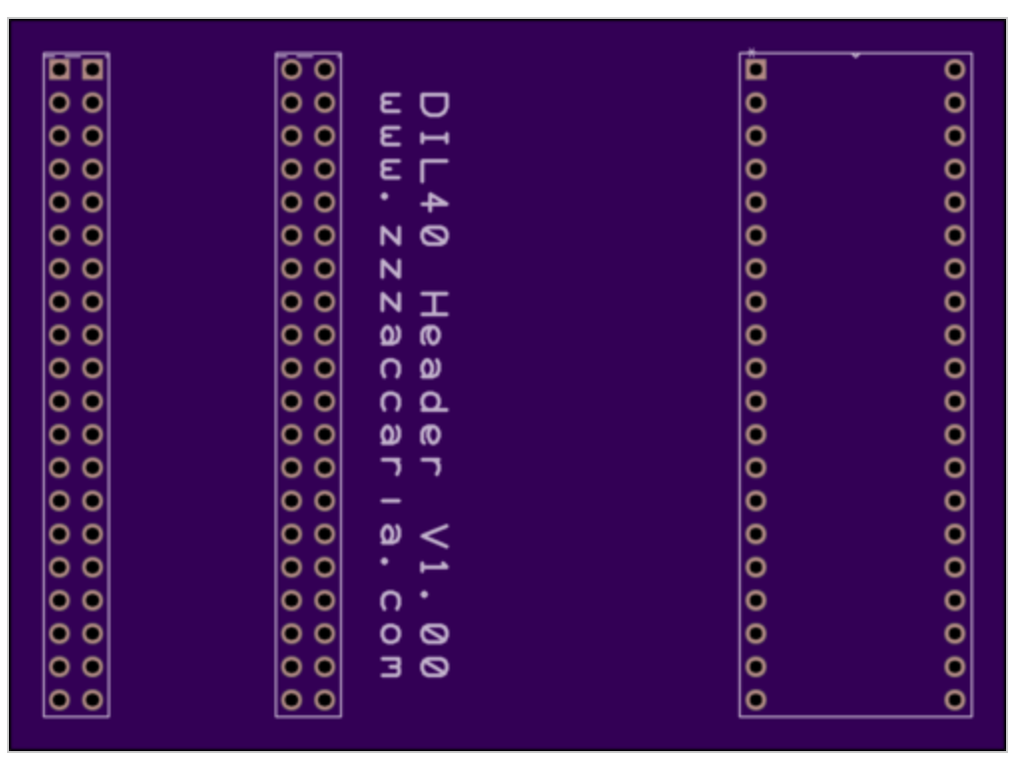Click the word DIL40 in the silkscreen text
tap(434, 170)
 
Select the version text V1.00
tap(434, 600)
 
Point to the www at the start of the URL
tap(390, 137)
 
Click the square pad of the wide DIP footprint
tap(756, 69)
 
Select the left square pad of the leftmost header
tap(59, 69)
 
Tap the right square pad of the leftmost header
tap(93, 69)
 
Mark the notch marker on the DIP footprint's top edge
tap(855, 56)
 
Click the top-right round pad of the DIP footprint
tap(954, 69)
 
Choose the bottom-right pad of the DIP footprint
tap(954, 699)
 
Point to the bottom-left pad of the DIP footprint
tap(756, 699)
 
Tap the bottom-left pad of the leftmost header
tap(59, 699)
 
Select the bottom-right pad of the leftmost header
tap(93, 699)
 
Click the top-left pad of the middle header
tap(291, 69)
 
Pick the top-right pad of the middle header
tap(324, 69)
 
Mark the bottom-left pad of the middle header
tap(291, 699)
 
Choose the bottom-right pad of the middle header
tap(324, 699)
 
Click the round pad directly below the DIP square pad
tap(756, 103)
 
